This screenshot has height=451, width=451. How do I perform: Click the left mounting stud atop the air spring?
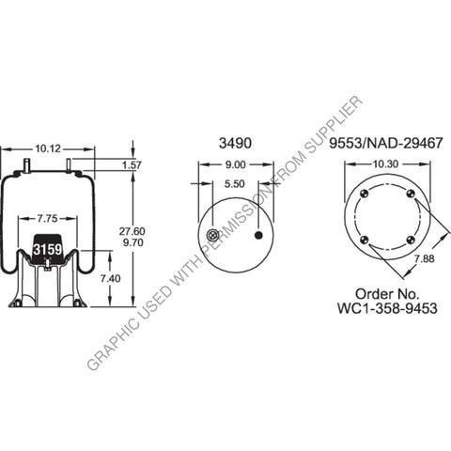click(29, 167)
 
